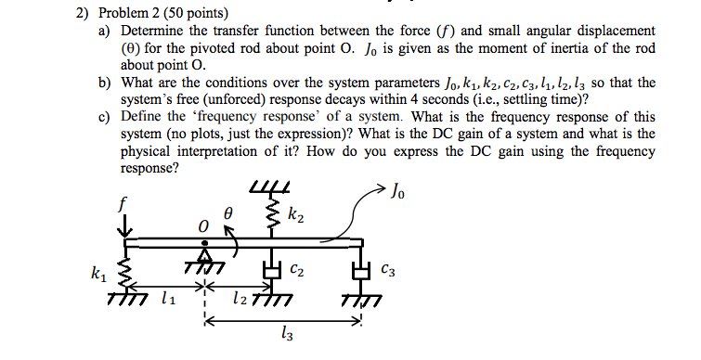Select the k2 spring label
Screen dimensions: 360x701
[x=294, y=217]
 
